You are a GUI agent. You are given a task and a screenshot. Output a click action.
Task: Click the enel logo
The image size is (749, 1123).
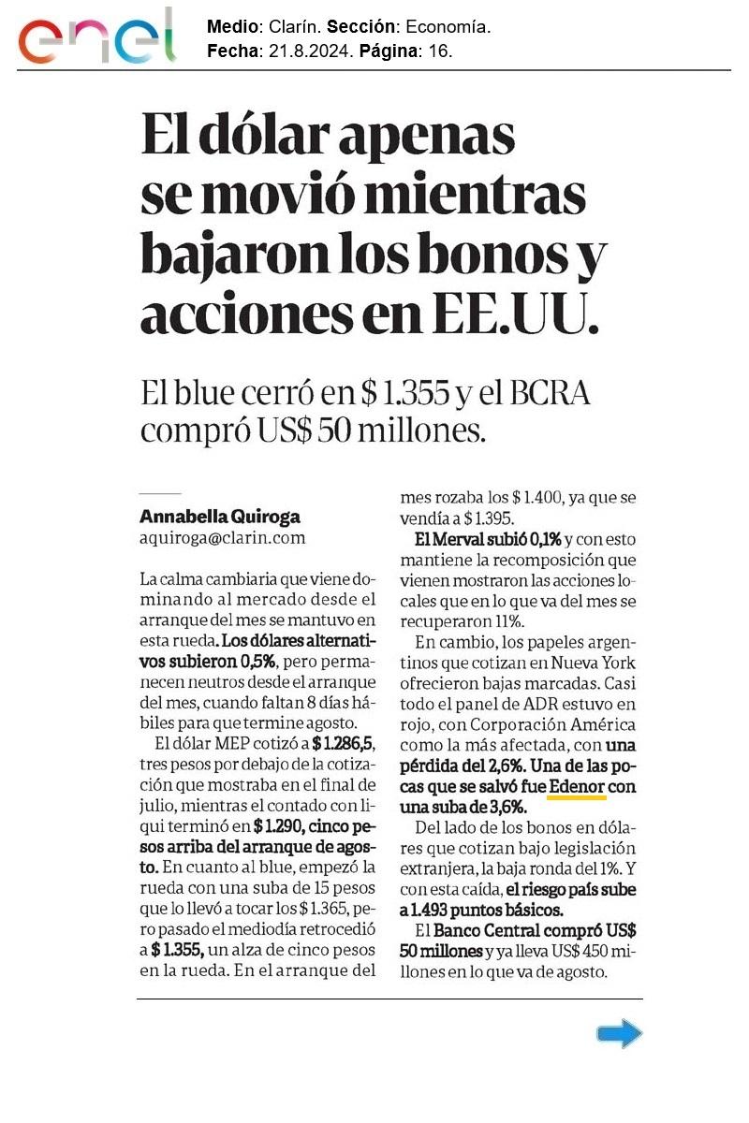97,36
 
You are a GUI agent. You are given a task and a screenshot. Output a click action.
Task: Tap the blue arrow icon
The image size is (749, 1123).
620,1033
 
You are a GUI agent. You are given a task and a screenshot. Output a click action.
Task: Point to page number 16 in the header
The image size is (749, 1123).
439,51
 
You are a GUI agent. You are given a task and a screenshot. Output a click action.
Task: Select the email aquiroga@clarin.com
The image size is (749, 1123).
223,538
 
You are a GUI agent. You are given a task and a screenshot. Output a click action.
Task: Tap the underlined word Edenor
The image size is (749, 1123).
578,787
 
